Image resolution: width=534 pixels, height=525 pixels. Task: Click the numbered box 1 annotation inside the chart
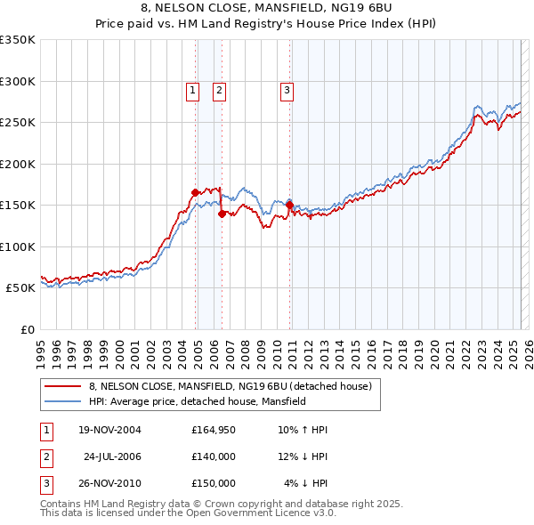192,89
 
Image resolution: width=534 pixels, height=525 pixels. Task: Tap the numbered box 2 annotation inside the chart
218,89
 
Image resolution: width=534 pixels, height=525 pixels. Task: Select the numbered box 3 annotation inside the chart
287,89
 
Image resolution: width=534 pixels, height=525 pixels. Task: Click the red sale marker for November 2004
195,192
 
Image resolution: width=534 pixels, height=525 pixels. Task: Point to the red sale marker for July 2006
222,213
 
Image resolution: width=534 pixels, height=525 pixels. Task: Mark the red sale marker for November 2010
289,205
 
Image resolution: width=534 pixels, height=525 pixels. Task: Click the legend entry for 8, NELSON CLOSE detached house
235,386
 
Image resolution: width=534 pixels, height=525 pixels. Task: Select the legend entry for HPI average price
197,401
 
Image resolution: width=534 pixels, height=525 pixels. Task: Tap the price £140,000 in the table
213,456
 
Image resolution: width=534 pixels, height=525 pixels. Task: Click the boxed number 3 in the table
44,482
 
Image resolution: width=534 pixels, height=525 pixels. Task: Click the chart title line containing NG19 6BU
267,8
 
